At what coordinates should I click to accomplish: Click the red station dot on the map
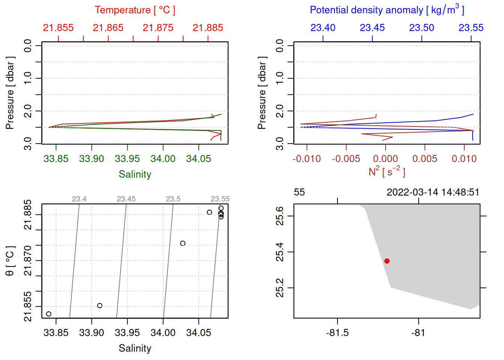tap(387, 261)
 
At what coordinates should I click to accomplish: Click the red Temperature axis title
tap(135, 10)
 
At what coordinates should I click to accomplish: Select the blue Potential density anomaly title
tap(387, 10)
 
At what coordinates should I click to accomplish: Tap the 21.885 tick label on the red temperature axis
tap(208, 28)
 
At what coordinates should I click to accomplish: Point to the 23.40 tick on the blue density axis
tap(323, 28)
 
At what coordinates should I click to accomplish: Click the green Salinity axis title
tap(135, 174)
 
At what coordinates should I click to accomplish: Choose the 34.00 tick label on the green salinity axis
tap(163, 159)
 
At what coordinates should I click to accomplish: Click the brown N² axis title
tap(387, 172)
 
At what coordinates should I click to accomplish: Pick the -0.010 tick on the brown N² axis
tap(307, 159)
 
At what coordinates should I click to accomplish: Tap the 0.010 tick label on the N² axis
tap(464, 159)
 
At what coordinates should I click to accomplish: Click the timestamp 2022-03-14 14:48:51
tap(433, 192)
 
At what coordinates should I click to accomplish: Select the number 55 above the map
tap(299, 192)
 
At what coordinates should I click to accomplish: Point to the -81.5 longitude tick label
tap(337, 333)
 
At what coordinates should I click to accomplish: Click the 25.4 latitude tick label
tap(280, 252)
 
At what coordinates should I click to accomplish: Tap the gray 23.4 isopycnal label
tap(79, 199)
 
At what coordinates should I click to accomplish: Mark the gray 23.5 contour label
tap(173, 199)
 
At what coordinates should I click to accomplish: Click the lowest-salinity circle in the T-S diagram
tap(49, 314)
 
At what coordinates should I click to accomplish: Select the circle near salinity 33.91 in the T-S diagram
tap(100, 306)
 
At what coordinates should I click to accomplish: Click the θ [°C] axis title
tap(10, 261)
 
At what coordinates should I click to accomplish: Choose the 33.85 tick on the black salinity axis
tap(56, 333)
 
